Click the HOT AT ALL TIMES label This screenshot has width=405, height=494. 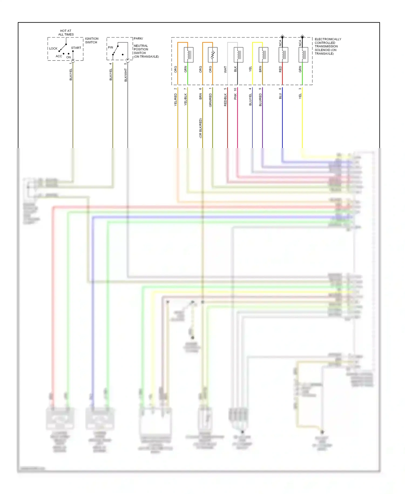[66, 33]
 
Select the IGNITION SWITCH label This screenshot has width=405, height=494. [92, 41]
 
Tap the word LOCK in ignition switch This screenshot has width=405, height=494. [53, 49]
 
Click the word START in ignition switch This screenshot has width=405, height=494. [76, 48]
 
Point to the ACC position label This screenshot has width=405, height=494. [59, 56]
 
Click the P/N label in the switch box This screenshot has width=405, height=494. [110, 47]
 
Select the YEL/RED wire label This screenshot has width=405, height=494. [175, 99]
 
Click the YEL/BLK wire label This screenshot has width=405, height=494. [185, 99]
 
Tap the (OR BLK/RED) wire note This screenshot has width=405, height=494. [200, 128]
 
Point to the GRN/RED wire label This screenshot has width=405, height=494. [210, 100]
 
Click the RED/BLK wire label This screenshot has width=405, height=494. [225, 100]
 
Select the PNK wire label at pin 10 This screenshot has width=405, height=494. [235, 96]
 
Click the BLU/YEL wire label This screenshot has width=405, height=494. [250, 99]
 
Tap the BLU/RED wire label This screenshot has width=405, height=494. [260, 100]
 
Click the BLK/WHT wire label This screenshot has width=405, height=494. [126, 75]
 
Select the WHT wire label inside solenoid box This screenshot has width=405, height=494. [225, 69]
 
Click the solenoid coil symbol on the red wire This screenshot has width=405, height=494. [283, 55]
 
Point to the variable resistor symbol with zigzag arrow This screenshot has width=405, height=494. [212, 55]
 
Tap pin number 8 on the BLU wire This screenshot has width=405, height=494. [280, 89]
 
